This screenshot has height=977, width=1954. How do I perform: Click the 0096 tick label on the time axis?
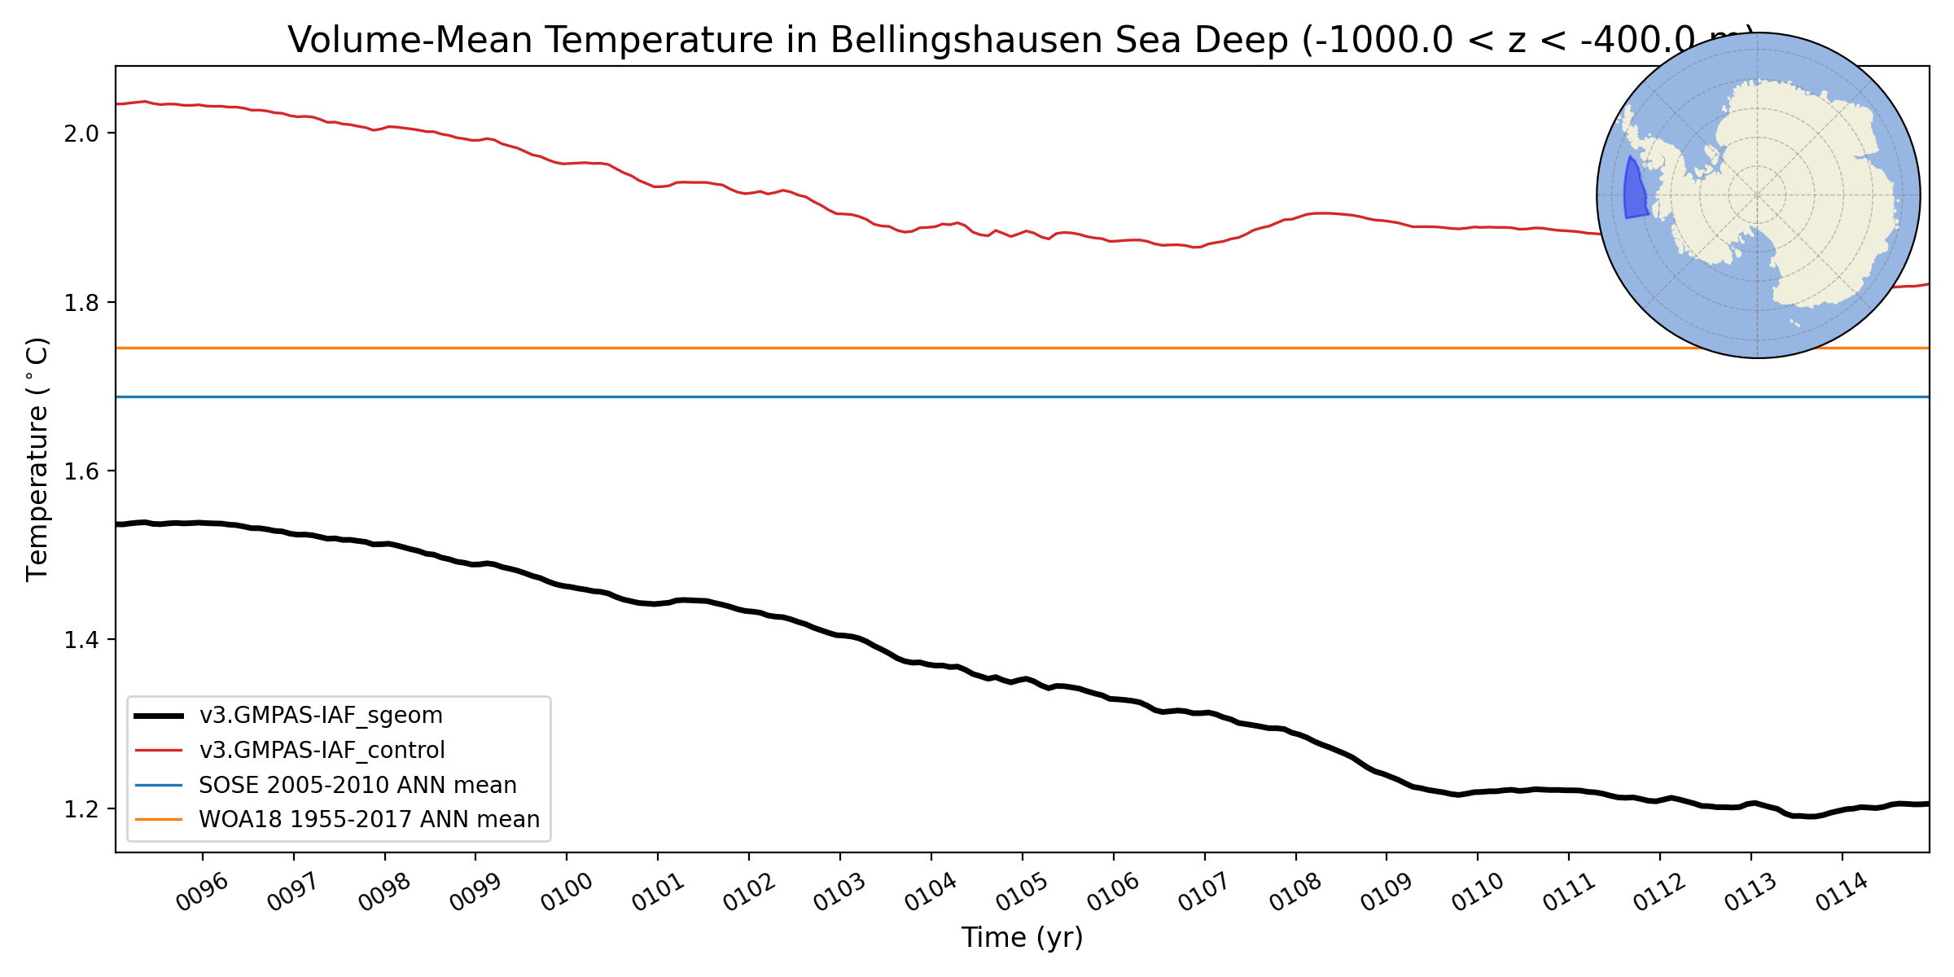(202, 894)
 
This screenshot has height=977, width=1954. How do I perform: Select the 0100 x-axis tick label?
(567, 894)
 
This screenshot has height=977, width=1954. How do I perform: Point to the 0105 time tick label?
(1022, 894)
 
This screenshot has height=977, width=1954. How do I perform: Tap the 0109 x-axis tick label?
(1386, 894)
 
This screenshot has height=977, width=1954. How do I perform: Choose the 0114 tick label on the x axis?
(1842, 894)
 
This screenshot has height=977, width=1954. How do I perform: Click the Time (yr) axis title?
(1022, 938)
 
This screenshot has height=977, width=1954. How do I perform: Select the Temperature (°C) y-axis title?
(38, 459)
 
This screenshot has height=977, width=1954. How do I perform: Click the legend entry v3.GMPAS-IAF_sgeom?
(321, 716)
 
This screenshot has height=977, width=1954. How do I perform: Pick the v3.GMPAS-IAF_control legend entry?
(322, 751)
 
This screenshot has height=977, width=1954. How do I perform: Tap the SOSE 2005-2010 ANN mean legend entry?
(357, 786)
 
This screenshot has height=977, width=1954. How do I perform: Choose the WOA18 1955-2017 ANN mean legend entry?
(369, 820)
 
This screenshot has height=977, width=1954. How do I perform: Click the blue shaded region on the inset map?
(1634, 192)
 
